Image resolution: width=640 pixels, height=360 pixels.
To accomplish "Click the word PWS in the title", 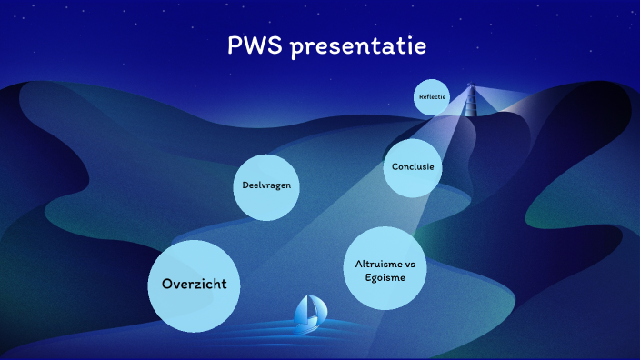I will coord(255,45).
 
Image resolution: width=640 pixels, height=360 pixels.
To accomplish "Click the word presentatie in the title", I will coord(356,46).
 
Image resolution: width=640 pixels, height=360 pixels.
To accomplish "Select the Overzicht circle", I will coord(187,285).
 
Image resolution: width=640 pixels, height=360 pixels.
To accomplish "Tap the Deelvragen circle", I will coord(266,186).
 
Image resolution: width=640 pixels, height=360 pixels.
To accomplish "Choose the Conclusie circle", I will coord(413,167).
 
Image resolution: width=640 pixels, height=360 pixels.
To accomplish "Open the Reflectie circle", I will coord(432,97).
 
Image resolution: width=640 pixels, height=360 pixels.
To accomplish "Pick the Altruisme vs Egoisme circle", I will coord(385,270).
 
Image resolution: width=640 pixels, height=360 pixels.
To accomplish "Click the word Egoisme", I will coord(385,278).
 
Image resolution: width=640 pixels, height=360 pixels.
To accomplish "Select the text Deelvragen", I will coord(266,186).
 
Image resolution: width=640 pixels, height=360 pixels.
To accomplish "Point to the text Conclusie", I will coord(413,167).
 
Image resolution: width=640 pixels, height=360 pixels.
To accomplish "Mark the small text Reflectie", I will coord(432,97).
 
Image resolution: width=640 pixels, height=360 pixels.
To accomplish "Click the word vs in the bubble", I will coord(409,264).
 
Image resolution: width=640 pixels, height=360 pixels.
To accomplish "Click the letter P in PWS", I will coord(235,45).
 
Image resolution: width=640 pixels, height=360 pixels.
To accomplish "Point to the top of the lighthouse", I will coord(471,87).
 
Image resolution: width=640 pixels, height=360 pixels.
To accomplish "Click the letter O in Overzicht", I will coord(167,285).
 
